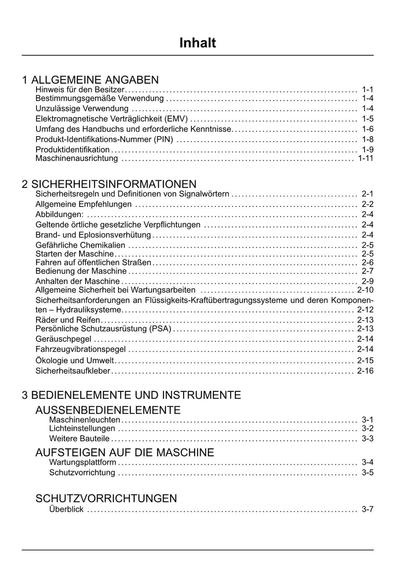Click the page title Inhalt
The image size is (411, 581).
pyautogui.click(x=197, y=43)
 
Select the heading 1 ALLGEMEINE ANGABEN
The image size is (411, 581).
pyautogui.click(x=90, y=80)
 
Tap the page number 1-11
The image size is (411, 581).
pyautogui.click(x=365, y=158)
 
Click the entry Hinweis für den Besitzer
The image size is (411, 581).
pyautogui.click(x=80, y=90)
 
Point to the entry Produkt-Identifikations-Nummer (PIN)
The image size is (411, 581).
pyautogui.click(x=104, y=139)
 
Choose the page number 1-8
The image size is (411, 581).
pyautogui.click(x=367, y=139)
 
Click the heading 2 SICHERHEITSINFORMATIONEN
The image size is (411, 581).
pyautogui.click(x=109, y=184)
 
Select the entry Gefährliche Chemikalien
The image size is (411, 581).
pyautogui.click(x=80, y=245)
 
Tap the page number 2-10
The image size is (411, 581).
pyautogui.click(x=365, y=290)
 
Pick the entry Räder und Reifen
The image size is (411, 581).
pyautogui.click(x=68, y=320)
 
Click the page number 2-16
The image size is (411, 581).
pyautogui.click(x=365, y=371)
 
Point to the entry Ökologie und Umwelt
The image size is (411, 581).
pyautogui.click(x=75, y=361)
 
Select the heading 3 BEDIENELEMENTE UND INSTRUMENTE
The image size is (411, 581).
pyautogui.click(x=131, y=395)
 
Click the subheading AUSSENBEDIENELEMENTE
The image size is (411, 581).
pyautogui.click(x=108, y=410)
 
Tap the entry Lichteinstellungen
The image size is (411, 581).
pyautogui.click(x=82, y=428)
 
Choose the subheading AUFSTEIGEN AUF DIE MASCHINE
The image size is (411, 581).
pyautogui.click(x=125, y=453)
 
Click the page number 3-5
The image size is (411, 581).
pyautogui.click(x=367, y=473)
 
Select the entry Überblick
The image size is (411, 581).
pyautogui.click(x=66, y=510)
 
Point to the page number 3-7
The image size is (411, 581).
pyautogui.click(x=367, y=510)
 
